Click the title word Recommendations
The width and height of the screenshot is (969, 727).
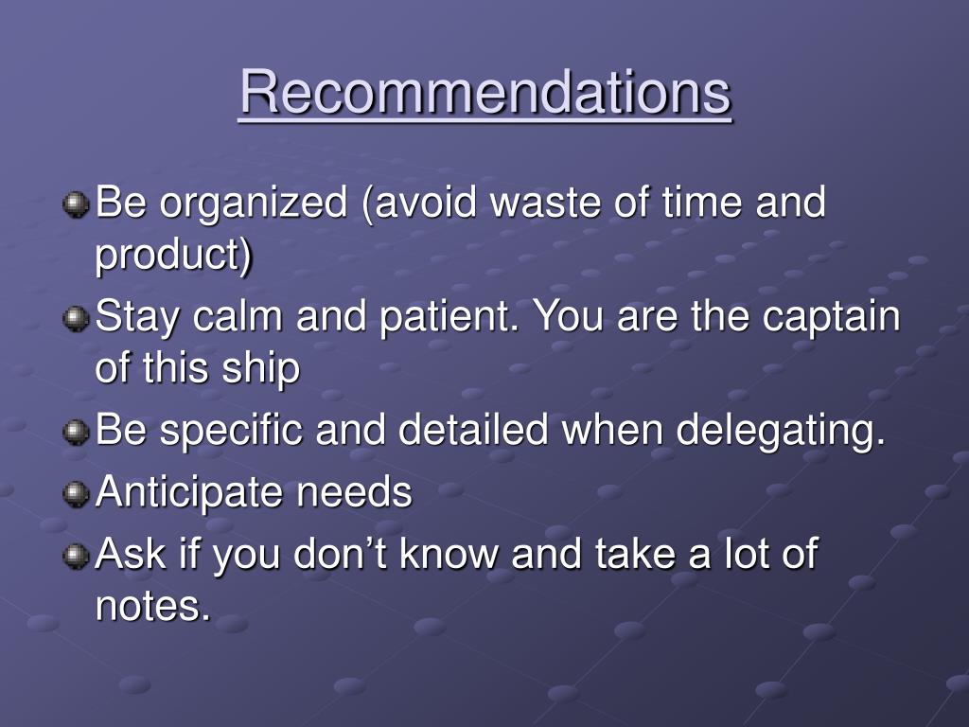pos(485,93)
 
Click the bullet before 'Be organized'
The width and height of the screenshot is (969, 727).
pos(76,204)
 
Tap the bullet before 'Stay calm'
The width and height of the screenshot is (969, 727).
pos(76,319)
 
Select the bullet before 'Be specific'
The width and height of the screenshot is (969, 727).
pos(76,432)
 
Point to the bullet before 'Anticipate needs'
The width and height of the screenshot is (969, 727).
pos(76,494)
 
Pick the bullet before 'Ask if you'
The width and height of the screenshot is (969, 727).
pos(76,556)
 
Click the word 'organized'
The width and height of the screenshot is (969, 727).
pos(254,205)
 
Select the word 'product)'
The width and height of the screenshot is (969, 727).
pos(174,256)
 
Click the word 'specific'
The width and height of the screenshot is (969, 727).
pos(231,432)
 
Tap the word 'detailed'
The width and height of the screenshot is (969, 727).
pos(473,430)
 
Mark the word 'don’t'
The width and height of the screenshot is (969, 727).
pos(340,553)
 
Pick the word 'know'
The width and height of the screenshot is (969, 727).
pos(449,553)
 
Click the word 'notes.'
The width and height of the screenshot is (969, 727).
pos(152,606)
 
